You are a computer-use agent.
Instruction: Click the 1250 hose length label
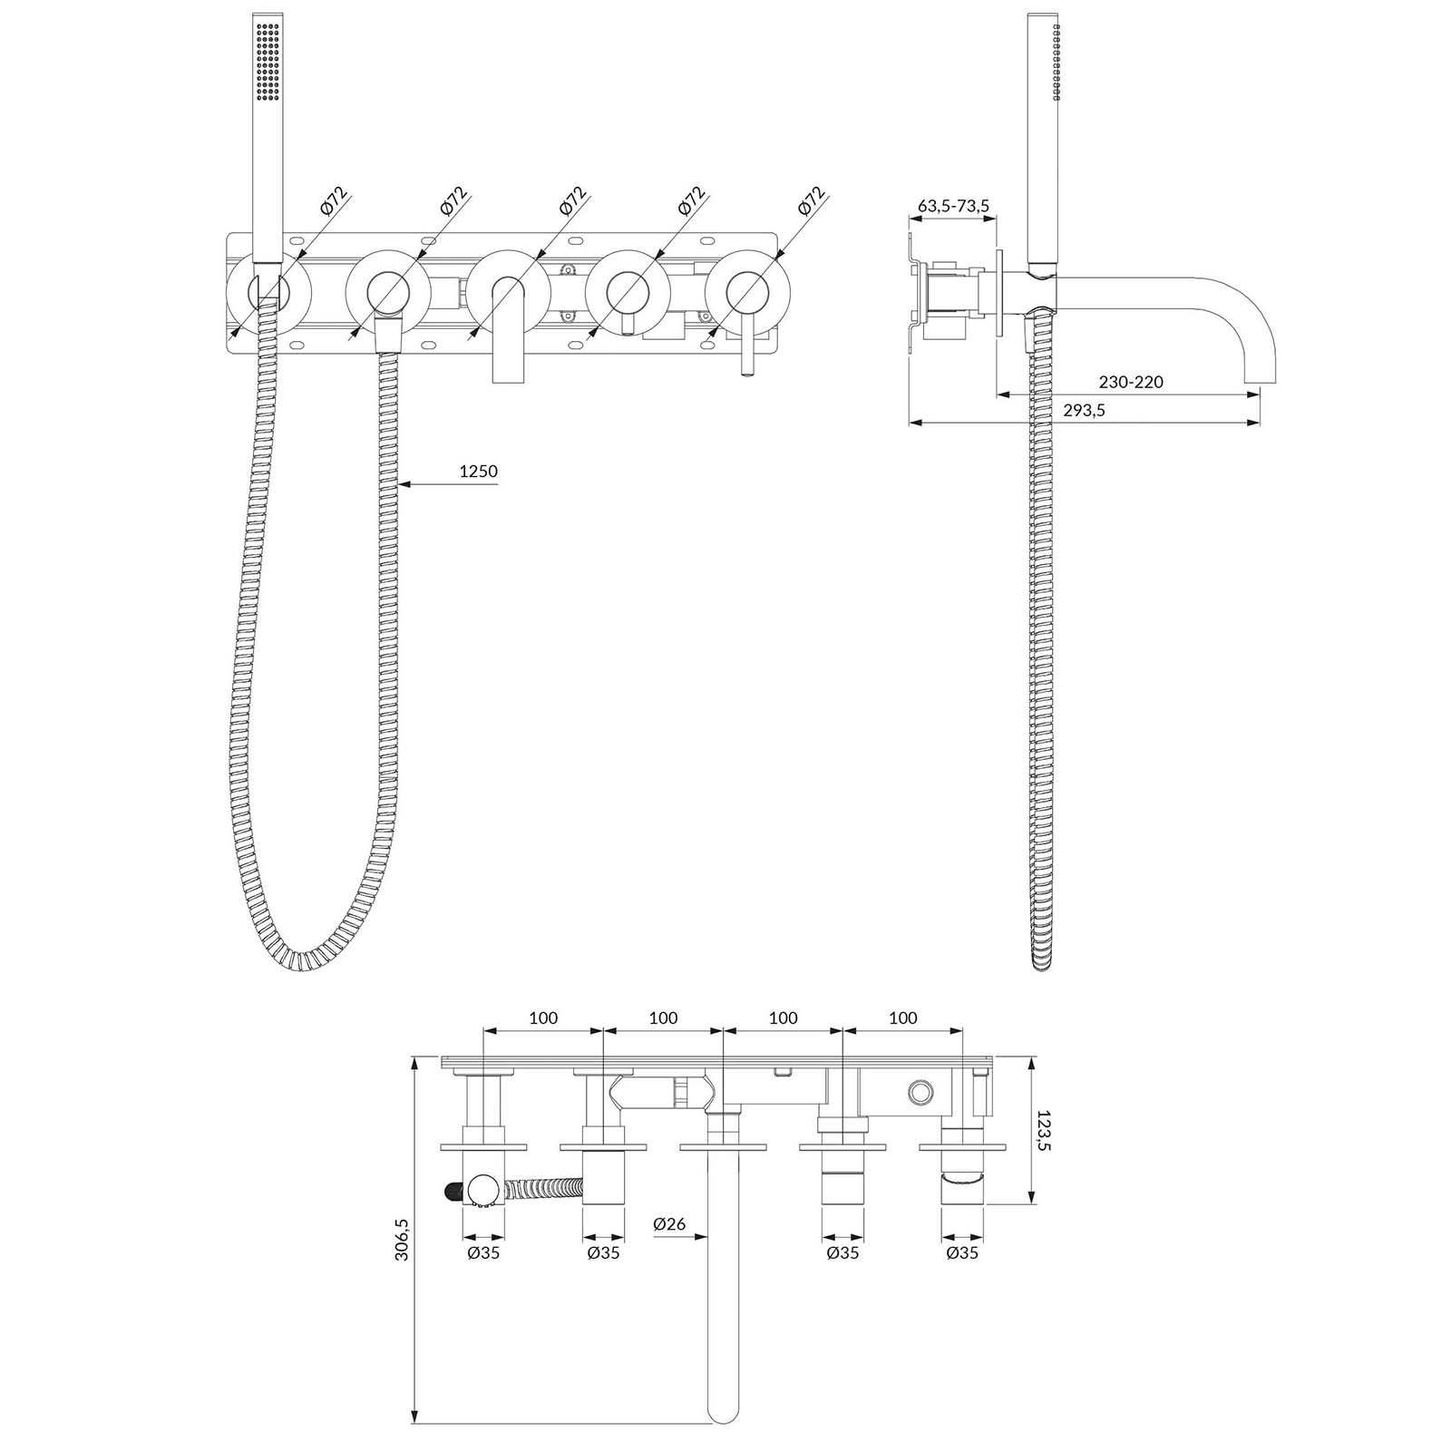479,472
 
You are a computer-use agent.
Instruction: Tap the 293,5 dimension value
1084,411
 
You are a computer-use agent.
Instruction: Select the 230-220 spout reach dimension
1129,382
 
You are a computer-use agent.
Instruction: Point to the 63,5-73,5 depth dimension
953,206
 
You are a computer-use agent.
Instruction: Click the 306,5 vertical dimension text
404,1238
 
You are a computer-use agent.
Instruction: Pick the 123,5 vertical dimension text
1045,1131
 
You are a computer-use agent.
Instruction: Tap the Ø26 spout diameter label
669,1224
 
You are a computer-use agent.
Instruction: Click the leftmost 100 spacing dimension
543,1018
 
